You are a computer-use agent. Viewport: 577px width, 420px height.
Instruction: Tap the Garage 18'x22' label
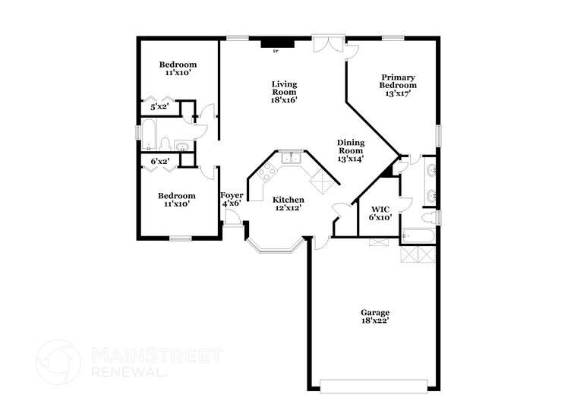(x=375, y=316)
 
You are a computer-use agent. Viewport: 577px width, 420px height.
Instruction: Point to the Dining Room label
(x=351, y=150)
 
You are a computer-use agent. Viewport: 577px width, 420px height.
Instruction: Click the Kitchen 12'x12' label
(x=288, y=204)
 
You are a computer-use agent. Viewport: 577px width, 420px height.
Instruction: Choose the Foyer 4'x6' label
(x=232, y=199)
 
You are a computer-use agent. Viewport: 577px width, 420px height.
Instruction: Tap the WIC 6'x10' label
(x=380, y=213)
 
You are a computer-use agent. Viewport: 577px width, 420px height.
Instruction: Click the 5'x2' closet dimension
(x=159, y=108)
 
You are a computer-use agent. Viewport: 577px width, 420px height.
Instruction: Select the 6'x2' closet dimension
(x=159, y=161)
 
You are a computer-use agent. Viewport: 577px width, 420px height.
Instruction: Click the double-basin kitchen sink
(x=290, y=158)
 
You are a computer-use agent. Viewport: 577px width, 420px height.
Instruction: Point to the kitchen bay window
(x=276, y=246)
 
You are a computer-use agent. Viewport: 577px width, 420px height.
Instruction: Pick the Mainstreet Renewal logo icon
(x=58, y=362)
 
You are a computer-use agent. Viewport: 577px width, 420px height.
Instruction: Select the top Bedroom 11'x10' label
(x=178, y=69)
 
